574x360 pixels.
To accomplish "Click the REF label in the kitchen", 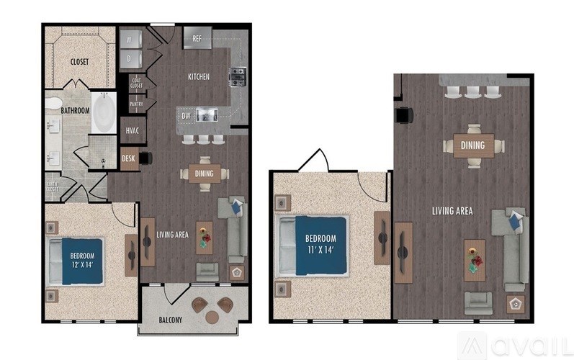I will [197, 39].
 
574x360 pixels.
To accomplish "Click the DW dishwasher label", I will [186, 115].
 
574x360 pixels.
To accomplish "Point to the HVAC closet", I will [133, 131].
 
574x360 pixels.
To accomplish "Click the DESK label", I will [128, 158].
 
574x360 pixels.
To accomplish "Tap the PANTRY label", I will [136, 104].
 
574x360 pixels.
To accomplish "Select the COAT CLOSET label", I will [136, 84].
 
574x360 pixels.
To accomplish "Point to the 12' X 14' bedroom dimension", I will [81, 264].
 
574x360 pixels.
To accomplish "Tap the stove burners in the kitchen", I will [238, 75].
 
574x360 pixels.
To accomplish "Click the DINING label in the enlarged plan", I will [473, 146].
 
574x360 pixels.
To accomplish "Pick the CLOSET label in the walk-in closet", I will [79, 62].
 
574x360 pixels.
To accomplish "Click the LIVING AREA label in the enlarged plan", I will [452, 211].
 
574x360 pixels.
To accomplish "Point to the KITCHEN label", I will [199, 77].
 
